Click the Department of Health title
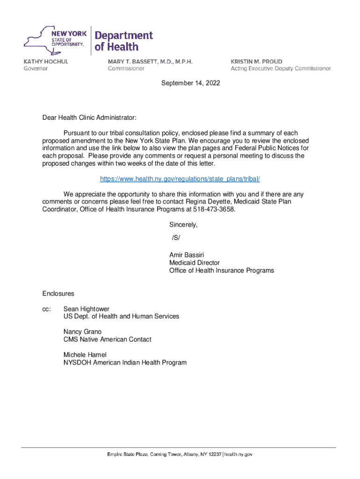point(123,41)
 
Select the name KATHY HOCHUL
point(46,62)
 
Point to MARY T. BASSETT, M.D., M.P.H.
point(150,62)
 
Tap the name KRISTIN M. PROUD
point(256,62)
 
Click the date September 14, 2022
point(190,83)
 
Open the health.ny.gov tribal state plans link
point(180,179)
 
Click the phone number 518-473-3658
point(214,210)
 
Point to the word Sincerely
point(183,225)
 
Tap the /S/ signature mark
point(176,238)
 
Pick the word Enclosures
point(58,294)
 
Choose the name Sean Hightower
point(86,309)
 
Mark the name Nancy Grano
point(82,332)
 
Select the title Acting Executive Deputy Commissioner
point(281,68)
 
